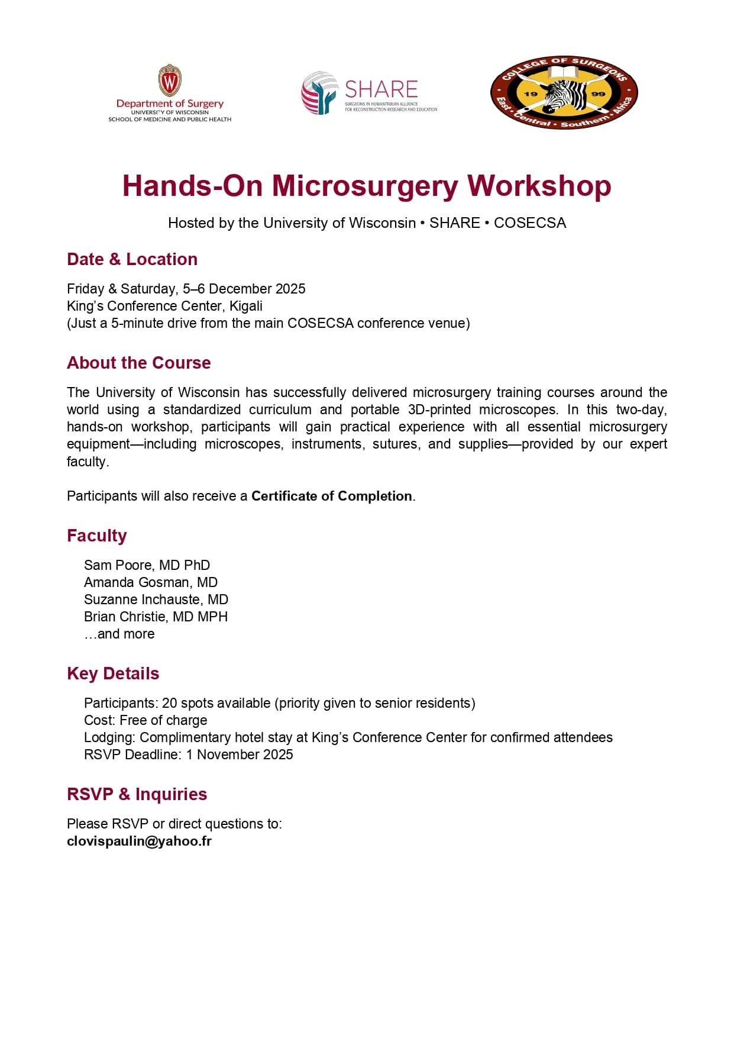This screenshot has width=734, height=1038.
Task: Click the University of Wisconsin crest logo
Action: click(170, 80)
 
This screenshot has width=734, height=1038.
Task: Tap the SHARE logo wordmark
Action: click(381, 89)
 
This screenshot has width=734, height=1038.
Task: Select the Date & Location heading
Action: click(132, 259)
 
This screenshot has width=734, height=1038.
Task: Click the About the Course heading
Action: click(139, 363)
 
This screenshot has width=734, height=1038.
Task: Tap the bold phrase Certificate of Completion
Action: click(331, 496)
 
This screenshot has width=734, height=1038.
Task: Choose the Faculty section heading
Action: click(97, 536)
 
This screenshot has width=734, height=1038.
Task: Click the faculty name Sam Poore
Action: click(118, 565)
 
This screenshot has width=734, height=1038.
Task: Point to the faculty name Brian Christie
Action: click(124, 617)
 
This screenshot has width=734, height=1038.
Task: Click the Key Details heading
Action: click(113, 673)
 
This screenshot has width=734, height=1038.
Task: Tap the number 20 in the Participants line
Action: click(169, 703)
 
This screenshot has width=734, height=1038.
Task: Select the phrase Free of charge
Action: click(163, 720)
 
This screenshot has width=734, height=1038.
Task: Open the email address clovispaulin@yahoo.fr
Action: click(139, 841)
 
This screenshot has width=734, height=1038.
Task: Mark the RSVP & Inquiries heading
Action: click(137, 794)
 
